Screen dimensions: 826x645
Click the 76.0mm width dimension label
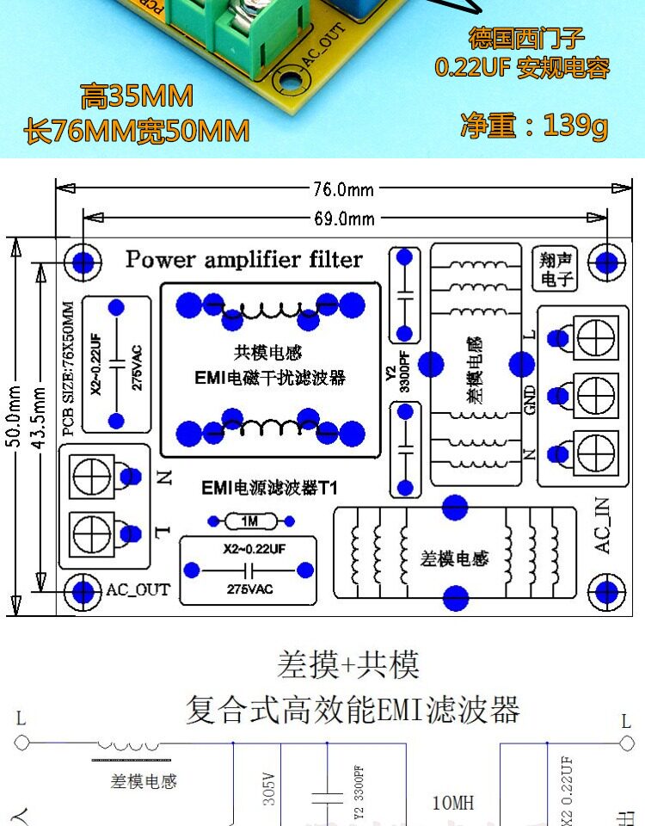click(343, 188)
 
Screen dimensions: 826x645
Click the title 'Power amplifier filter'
click(244, 259)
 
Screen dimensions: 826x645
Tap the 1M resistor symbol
click(250, 521)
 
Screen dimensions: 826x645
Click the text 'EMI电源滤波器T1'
click(269, 488)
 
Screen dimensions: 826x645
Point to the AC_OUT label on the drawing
click(138, 591)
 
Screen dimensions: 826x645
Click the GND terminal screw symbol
click(597, 397)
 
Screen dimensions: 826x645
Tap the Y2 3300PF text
click(397, 376)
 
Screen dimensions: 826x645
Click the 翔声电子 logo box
click(557, 268)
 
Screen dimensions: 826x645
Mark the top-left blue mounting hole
click(83, 261)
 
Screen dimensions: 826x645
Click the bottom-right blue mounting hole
click(606, 592)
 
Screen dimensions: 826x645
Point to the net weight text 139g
click(534, 126)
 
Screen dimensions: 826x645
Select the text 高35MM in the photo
click(138, 96)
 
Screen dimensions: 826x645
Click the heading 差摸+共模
click(348, 664)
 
